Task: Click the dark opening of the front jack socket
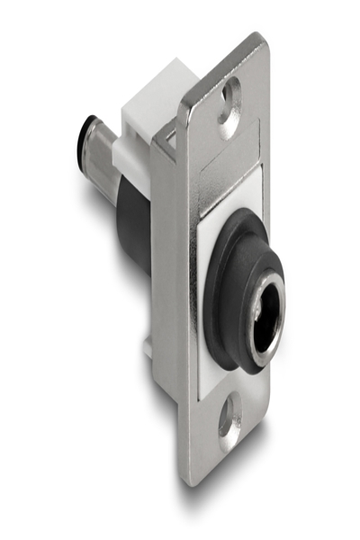(266, 326)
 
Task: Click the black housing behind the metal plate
(135, 225)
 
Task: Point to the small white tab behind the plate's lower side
(145, 346)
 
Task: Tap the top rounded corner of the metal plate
(256, 40)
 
